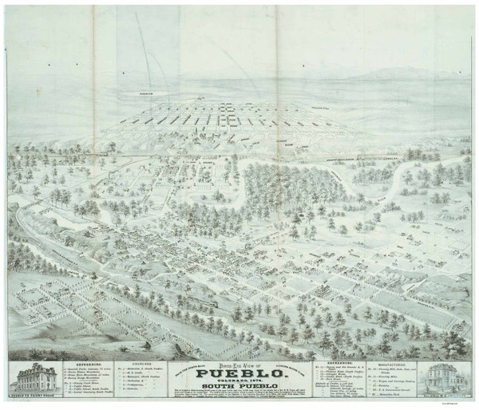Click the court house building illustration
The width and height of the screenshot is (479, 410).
pos(29,378)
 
